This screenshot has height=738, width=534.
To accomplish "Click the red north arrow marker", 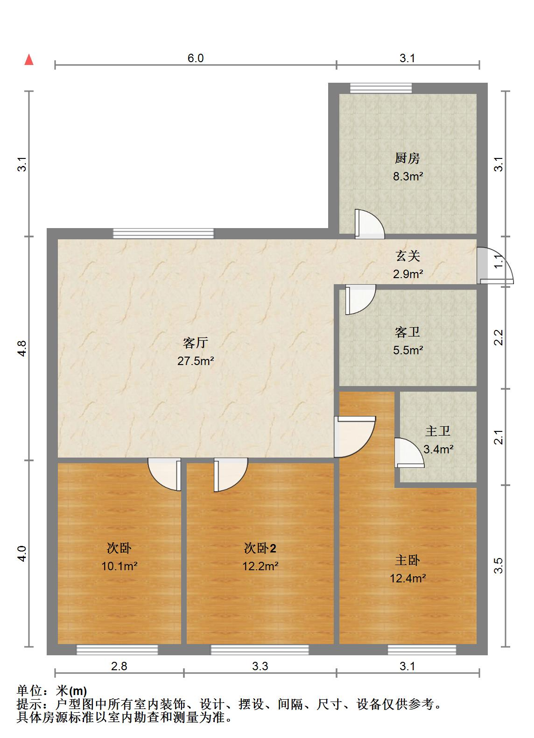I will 29,60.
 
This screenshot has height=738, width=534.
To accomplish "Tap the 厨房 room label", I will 408,158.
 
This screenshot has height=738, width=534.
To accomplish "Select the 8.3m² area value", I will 408,177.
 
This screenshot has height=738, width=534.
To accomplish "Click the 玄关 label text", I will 408,256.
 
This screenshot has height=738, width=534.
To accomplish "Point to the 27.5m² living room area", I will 195,361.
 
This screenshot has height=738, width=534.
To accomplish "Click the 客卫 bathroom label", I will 408,332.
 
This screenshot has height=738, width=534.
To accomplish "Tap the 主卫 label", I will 438,431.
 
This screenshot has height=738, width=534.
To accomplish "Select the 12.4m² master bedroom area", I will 408,579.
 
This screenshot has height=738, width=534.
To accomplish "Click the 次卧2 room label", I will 260,548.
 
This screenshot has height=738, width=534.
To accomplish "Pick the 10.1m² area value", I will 119,566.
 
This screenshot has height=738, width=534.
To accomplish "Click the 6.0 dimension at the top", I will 196,58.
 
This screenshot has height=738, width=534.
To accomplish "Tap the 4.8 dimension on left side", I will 22,349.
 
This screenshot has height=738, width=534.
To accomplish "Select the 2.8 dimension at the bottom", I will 119,666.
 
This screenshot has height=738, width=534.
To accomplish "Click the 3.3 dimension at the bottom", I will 260,666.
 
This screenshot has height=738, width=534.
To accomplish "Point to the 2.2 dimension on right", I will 499,337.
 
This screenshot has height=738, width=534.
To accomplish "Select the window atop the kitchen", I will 381,88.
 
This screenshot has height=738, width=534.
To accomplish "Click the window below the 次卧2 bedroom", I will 260,649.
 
